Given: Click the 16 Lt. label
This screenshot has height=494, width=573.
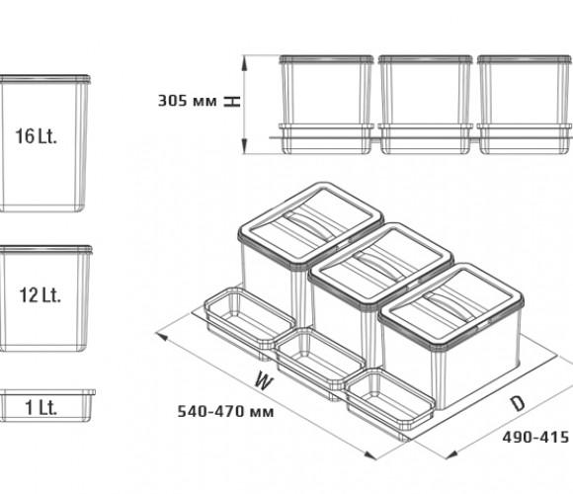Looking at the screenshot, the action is (x=37, y=136).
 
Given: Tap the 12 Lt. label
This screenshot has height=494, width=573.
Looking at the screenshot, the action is (x=40, y=294).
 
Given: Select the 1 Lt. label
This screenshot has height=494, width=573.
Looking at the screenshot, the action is (x=41, y=407).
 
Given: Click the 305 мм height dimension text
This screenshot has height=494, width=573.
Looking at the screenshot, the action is (x=187, y=101).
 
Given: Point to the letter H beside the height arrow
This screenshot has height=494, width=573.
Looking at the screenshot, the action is (x=232, y=101).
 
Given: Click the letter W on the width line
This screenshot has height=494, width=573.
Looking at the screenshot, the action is (x=264, y=380).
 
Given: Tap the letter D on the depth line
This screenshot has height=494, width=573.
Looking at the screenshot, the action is (x=518, y=403).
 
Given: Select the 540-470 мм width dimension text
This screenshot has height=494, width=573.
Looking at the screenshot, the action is (x=225, y=412).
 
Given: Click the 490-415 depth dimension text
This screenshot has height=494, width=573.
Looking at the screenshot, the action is (x=535, y=437).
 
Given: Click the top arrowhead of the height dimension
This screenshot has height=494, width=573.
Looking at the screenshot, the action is (x=244, y=63).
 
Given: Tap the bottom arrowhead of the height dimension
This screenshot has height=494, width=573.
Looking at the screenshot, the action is (x=244, y=146).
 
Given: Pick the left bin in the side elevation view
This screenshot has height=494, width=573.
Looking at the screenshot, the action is (x=326, y=105).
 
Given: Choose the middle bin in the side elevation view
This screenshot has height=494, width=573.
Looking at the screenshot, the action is (x=425, y=105).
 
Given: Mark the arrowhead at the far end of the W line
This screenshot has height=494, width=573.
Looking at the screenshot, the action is (x=161, y=336).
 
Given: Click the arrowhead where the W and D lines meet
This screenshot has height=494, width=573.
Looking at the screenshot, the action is (x=369, y=455).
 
